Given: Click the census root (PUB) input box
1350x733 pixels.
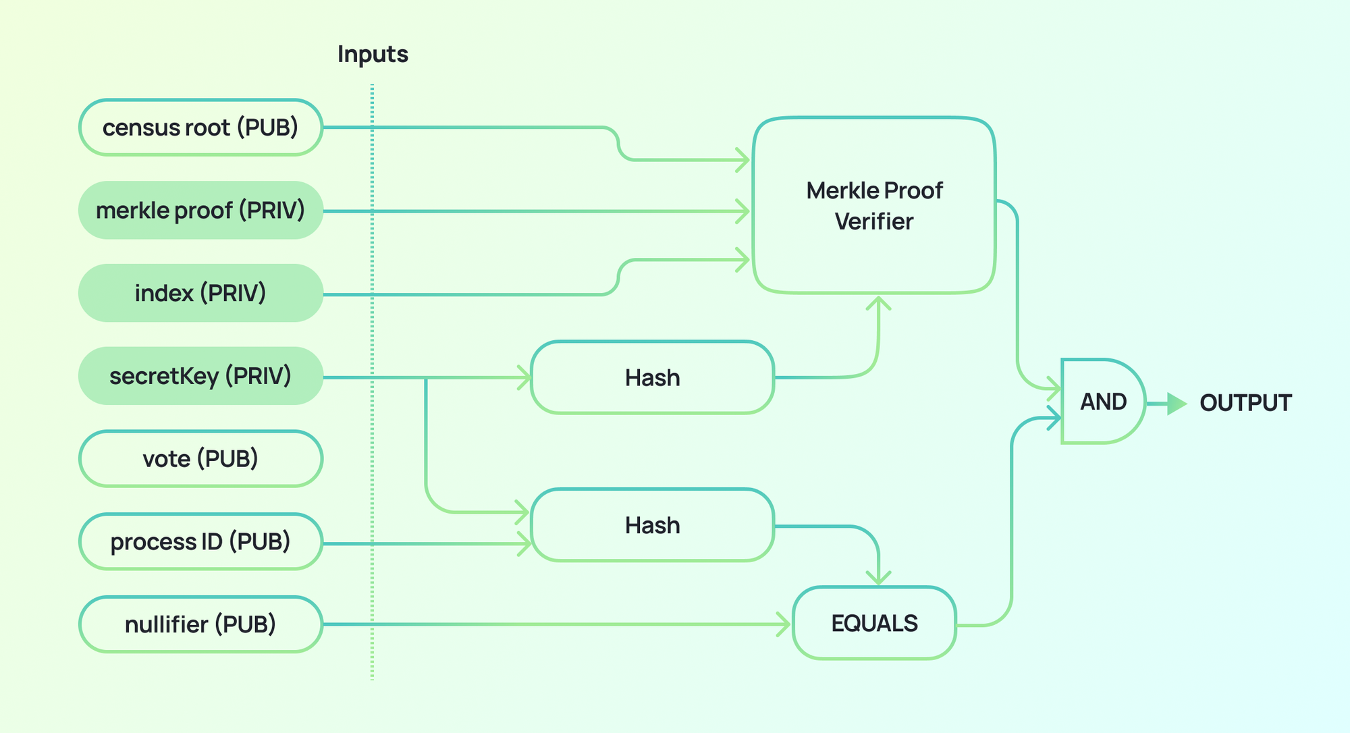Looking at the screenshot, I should [x=200, y=128].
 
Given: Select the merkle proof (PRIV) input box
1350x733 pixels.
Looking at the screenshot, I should [x=200, y=211].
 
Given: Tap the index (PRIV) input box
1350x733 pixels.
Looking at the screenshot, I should [x=200, y=294].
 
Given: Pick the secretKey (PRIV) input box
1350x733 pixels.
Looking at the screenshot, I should [x=200, y=376].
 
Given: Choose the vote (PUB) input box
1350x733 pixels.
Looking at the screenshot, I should [x=200, y=459].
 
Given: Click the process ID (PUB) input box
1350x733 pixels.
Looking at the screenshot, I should [x=200, y=542].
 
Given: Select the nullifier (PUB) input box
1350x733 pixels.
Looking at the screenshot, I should [x=200, y=624].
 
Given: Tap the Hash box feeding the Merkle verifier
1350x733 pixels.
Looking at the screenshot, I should [x=652, y=378].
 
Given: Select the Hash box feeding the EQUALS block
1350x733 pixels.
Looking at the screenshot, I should [x=652, y=525].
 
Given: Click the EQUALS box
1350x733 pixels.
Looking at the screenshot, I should [x=874, y=623].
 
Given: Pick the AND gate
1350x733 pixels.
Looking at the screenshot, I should [x=1103, y=402].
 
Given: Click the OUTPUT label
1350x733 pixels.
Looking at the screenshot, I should [x=1245, y=403].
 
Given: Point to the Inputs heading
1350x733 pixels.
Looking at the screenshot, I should [x=373, y=54].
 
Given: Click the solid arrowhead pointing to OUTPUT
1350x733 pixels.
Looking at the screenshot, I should [x=1176, y=404].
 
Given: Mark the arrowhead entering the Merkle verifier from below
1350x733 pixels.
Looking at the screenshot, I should [x=878, y=302].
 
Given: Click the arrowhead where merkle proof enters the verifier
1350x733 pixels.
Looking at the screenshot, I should [x=743, y=211].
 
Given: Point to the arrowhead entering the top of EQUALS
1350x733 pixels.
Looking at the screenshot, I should [x=878, y=578].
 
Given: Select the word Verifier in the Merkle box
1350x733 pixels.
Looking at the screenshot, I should [x=874, y=222].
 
